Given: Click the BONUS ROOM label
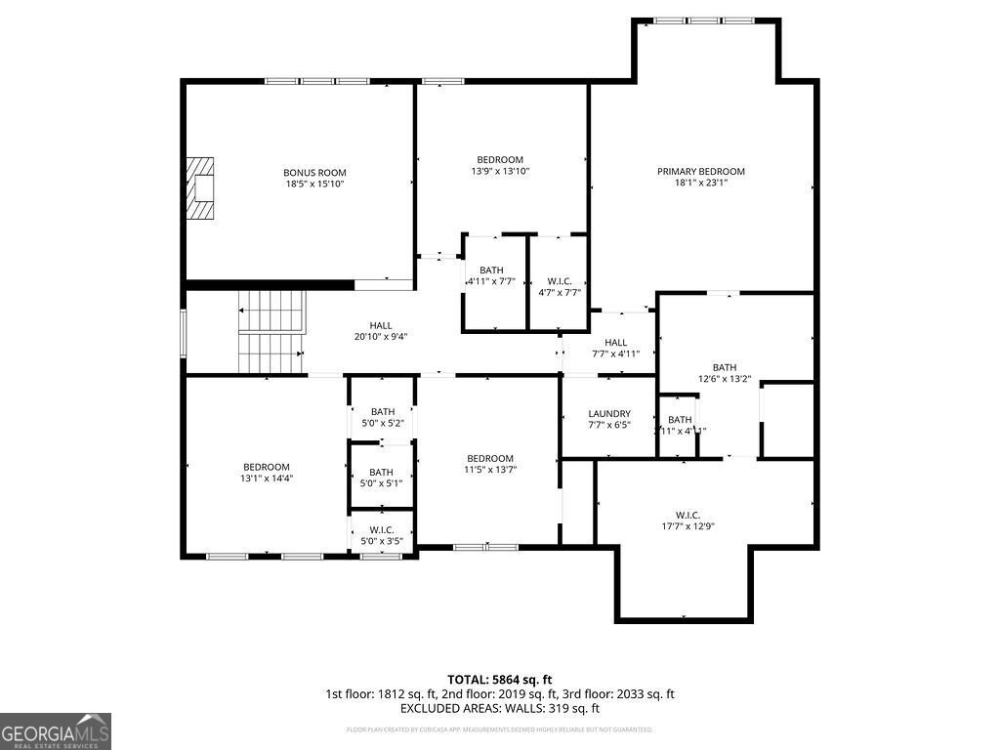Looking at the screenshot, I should click(314, 173).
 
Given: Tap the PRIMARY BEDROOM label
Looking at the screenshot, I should click(700, 171).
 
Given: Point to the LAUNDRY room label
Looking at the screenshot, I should click(609, 414).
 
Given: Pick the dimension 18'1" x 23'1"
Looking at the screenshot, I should click(700, 183).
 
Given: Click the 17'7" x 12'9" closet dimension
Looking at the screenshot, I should click(687, 527).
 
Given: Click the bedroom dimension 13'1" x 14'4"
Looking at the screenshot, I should click(267, 479).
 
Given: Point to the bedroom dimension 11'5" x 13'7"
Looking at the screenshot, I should click(489, 470).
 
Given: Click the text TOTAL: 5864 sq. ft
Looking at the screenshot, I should click(500, 679).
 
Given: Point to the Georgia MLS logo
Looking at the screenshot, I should click(56, 731).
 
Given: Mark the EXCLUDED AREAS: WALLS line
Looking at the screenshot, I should click(500, 709).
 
